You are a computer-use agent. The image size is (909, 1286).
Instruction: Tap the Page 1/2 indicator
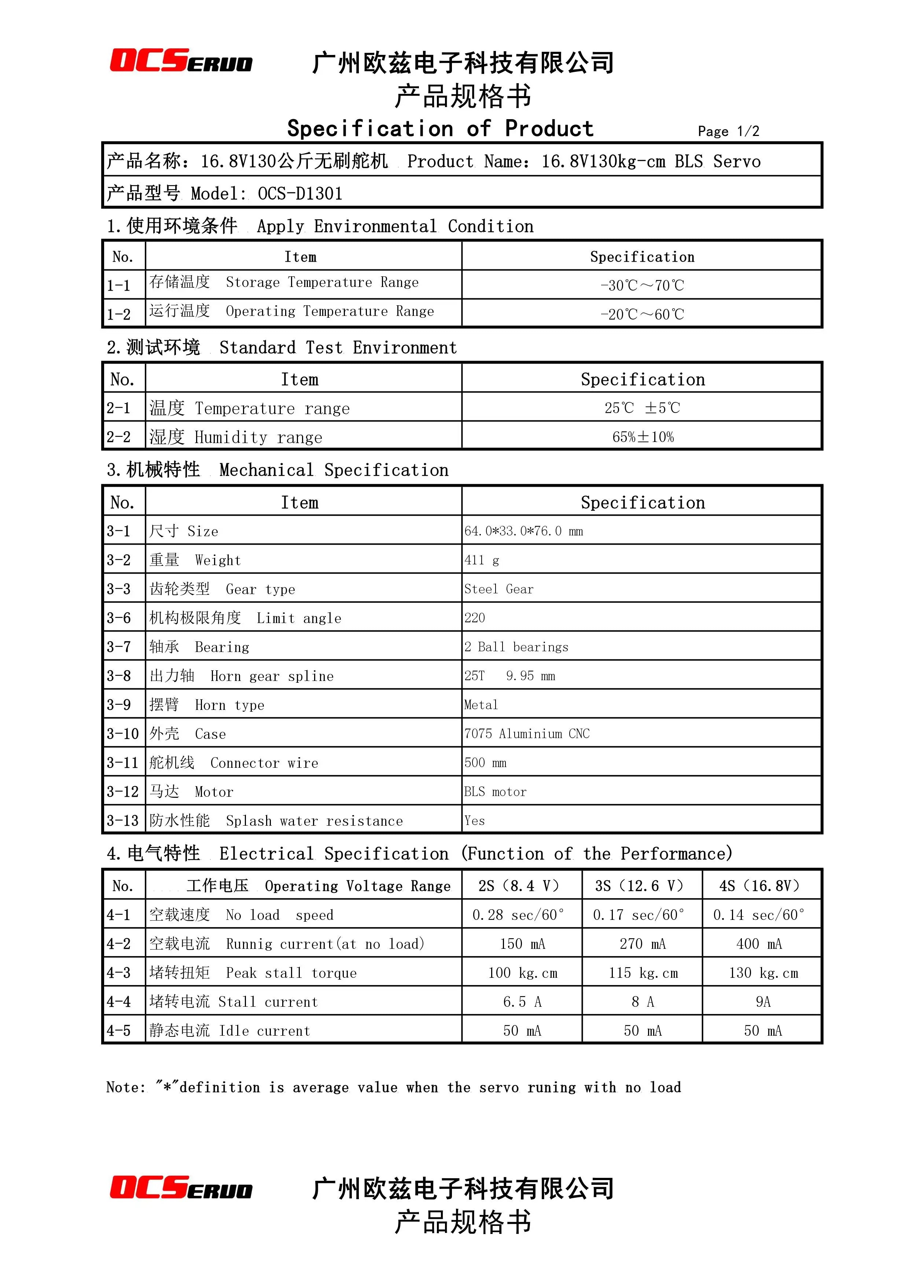click(x=728, y=132)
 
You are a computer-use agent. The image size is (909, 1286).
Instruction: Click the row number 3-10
click(x=123, y=734)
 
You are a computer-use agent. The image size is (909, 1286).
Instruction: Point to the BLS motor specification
click(x=495, y=792)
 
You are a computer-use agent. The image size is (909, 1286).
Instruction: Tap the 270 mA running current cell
click(x=643, y=944)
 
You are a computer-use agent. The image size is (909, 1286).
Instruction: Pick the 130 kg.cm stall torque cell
click(x=763, y=973)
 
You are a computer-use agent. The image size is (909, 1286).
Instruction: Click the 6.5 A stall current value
click(x=522, y=1002)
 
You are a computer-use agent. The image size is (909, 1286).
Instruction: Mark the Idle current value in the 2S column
click(x=522, y=1031)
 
